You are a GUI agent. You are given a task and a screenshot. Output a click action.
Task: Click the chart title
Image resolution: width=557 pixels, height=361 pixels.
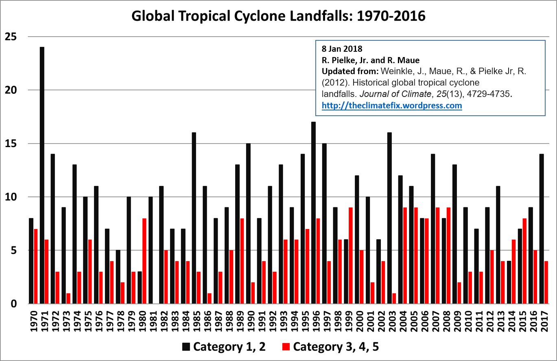click(278, 16)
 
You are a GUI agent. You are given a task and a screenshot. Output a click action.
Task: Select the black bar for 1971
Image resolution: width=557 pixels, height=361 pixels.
click(42, 175)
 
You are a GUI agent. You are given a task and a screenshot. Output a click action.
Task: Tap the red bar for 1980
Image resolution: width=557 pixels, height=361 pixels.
click(144, 261)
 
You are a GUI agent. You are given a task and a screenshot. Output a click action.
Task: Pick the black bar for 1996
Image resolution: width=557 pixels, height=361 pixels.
click(314, 213)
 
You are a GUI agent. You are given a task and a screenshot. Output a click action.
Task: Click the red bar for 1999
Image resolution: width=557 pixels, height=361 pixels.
click(351, 256)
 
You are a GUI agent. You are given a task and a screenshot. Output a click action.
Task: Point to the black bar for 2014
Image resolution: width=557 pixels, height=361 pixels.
click(509, 282)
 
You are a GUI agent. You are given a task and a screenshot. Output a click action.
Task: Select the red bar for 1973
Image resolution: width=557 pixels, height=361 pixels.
click(68, 299)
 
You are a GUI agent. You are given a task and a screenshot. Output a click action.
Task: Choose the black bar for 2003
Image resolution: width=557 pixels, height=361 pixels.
click(389, 218)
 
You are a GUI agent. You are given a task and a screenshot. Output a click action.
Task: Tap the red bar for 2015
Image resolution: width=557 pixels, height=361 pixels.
click(525, 261)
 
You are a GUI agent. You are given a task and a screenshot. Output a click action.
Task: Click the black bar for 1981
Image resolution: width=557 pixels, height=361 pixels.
click(151, 250)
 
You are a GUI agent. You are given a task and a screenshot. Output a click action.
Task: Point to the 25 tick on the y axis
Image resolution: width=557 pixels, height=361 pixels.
click(11, 37)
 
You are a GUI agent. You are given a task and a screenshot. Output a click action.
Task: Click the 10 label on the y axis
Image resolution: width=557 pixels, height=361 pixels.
click(11, 197)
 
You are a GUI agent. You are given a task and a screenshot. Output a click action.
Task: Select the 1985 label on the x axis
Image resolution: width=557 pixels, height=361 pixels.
click(197, 321)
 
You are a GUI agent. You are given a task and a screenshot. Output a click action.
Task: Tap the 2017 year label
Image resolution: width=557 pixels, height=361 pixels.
click(544, 321)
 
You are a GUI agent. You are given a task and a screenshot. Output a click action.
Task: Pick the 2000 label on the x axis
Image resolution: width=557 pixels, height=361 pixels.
click(360, 321)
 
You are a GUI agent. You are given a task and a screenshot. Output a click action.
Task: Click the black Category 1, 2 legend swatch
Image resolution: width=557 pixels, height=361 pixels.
click(186, 347)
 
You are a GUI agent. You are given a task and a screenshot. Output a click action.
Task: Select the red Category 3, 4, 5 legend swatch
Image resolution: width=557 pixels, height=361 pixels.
click(286, 347)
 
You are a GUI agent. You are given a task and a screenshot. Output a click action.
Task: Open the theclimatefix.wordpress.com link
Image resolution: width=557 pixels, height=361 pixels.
click(392, 106)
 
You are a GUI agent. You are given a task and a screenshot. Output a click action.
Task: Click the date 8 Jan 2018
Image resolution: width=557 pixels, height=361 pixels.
click(342, 49)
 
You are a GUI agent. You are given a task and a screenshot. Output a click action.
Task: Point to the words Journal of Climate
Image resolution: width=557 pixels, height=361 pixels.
click(395, 94)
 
